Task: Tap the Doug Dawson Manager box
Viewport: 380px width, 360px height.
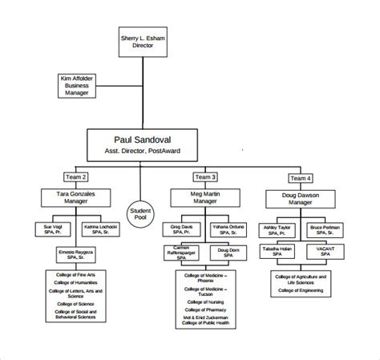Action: tap(301, 198)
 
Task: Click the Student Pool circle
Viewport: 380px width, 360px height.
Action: tap(141, 212)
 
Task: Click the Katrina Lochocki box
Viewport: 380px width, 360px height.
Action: tap(101, 230)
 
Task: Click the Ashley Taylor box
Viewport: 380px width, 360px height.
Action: tap(277, 230)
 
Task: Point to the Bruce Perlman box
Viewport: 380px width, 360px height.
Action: tap(326, 230)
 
